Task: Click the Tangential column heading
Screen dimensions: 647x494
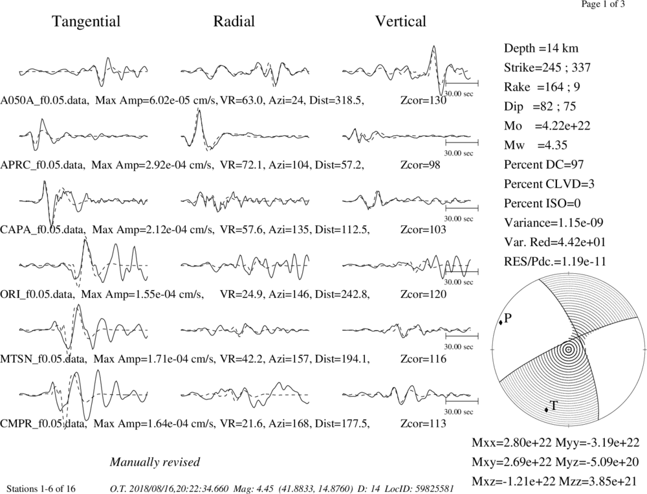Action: coord(86,21)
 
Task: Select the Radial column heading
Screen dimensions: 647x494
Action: coord(234,21)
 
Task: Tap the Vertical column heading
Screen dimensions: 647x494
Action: coord(400,21)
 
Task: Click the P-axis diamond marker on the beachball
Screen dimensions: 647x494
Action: coord(501,322)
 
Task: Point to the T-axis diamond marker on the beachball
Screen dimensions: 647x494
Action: coord(546,410)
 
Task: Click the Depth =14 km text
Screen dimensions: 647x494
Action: coord(541,49)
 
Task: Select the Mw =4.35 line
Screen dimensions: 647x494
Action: coord(535,146)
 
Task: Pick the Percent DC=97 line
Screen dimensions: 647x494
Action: coord(543,165)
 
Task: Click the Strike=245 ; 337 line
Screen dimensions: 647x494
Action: coord(547,67)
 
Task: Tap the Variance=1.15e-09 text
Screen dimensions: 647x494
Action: coord(553,223)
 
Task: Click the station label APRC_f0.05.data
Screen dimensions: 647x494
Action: coord(43,165)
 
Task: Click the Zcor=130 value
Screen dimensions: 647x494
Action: coord(423,100)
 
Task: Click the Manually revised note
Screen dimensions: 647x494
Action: coord(155,462)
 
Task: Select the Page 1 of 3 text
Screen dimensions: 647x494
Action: coord(603,4)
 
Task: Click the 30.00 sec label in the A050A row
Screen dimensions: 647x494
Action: coord(459,94)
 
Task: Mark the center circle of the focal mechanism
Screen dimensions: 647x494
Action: coord(569,350)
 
